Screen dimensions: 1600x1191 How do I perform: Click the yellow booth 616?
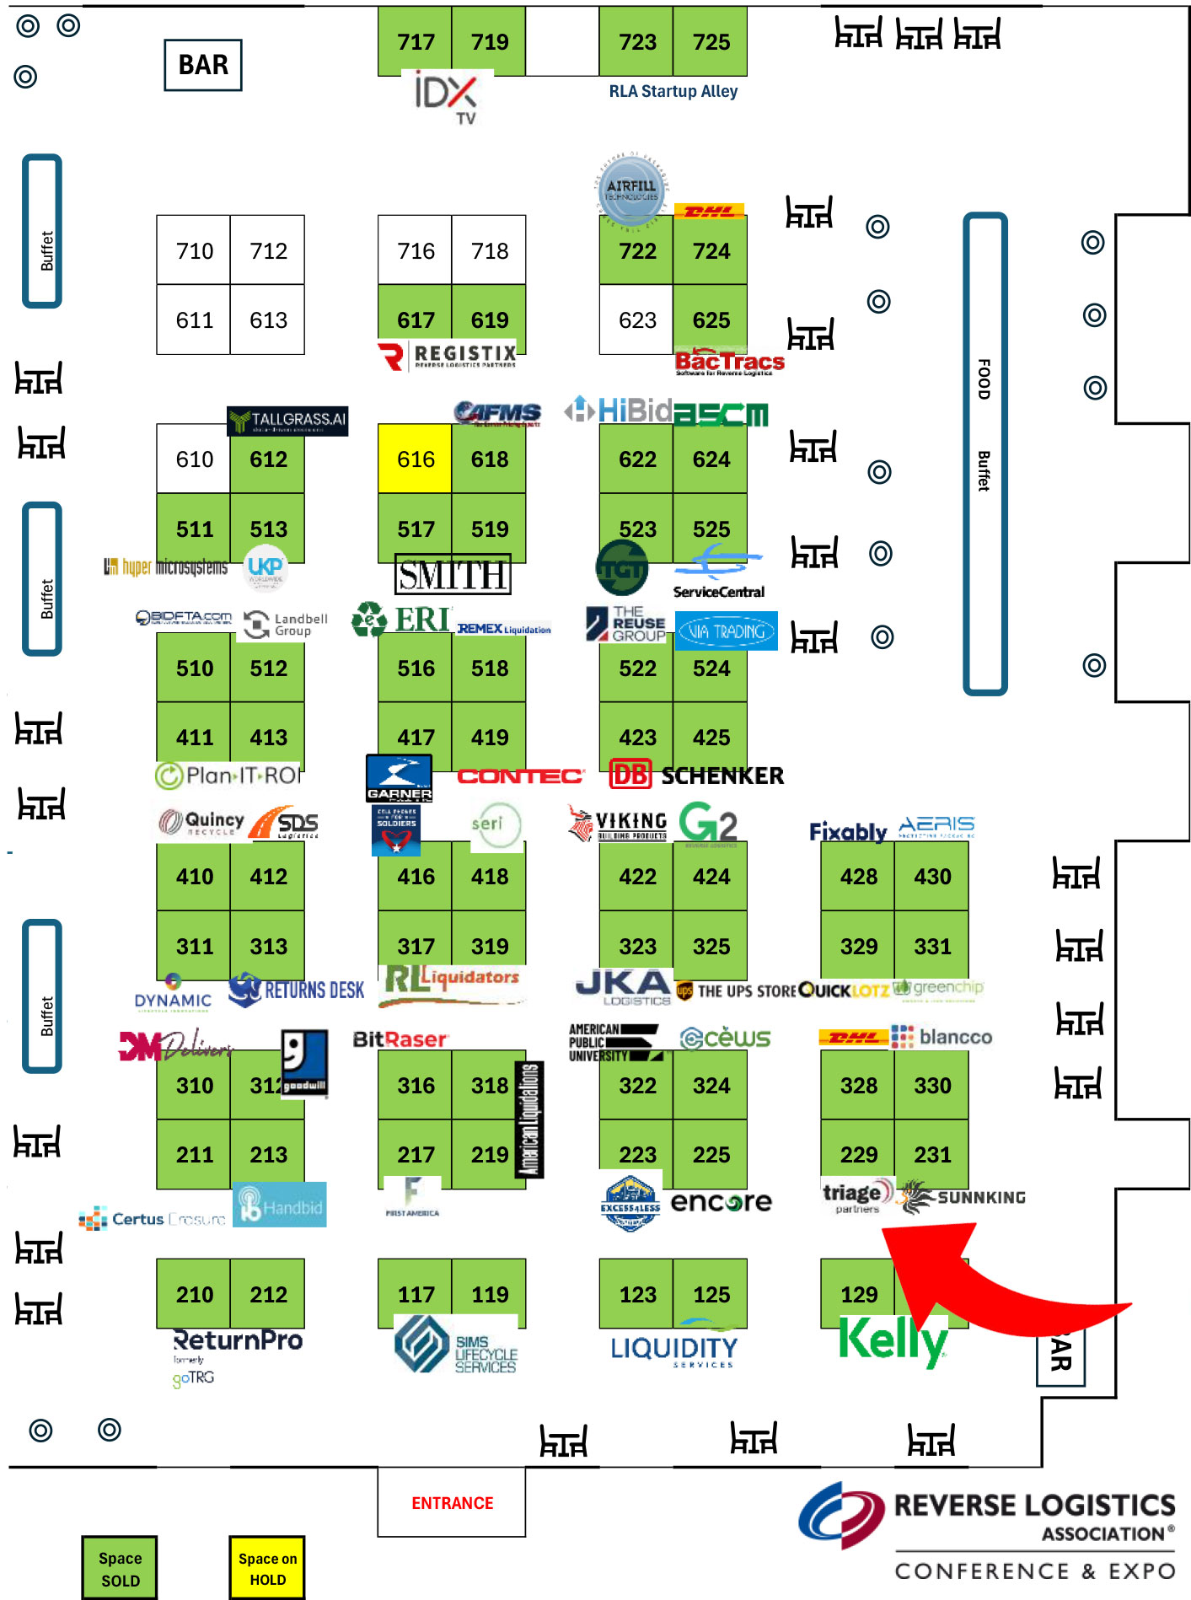tap(415, 459)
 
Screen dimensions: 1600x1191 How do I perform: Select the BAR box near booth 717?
tap(203, 65)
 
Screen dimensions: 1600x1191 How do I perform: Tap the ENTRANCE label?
tap(452, 1503)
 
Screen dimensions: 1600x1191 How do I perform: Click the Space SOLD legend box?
tap(120, 1569)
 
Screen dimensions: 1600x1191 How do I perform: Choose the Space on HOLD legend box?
tap(267, 1569)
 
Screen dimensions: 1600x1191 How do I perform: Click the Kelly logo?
tap(893, 1340)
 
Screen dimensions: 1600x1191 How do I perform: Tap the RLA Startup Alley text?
tap(673, 91)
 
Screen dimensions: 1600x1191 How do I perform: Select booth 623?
tap(636, 320)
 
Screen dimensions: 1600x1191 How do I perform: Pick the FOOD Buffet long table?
tap(984, 454)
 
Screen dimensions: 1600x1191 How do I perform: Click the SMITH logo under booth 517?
tap(453, 575)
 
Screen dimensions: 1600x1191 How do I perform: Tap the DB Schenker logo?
tap(696, 775)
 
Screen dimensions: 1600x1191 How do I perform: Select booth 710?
tap(194, 251)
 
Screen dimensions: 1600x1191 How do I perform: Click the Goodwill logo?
tap(304, 1061)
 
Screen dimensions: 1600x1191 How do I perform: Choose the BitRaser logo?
tap(400, 1039)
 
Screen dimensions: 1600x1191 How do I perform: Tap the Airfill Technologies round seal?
tap(631, 190)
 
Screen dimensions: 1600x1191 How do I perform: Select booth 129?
tap(858, 1293)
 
